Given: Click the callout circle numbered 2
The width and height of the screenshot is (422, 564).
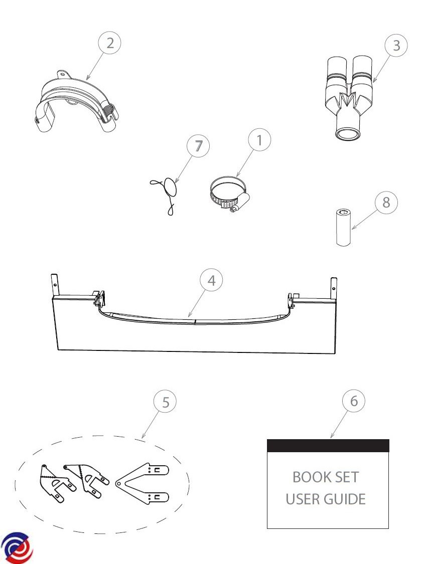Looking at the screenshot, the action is [109, 43].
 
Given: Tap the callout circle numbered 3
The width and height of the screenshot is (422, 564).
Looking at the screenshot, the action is [396, 45].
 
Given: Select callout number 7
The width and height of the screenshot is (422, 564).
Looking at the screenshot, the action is [198, 146].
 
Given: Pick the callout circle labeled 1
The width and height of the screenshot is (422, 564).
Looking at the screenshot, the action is [259, 140].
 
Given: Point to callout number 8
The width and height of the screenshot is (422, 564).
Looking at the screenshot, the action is [386, 202].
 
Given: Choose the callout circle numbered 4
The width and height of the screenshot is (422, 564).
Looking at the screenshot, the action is [211, 280].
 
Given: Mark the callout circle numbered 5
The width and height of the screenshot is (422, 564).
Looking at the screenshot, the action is [165, 402].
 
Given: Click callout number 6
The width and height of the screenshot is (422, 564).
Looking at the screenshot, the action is [354, 401].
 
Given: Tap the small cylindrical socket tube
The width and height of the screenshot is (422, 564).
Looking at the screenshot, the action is [344, 227].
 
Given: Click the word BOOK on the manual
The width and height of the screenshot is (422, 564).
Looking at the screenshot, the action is [306, 477].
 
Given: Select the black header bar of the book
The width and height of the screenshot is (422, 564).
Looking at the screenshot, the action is [328, 446].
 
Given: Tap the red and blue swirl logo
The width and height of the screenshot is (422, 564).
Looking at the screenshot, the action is [17, 548].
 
